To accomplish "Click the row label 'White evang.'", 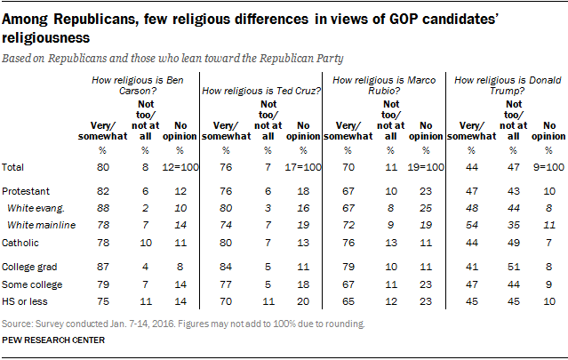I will click(34, 206).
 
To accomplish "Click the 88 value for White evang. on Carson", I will click(103, 206).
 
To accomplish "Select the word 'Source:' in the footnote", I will click(19, 324).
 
